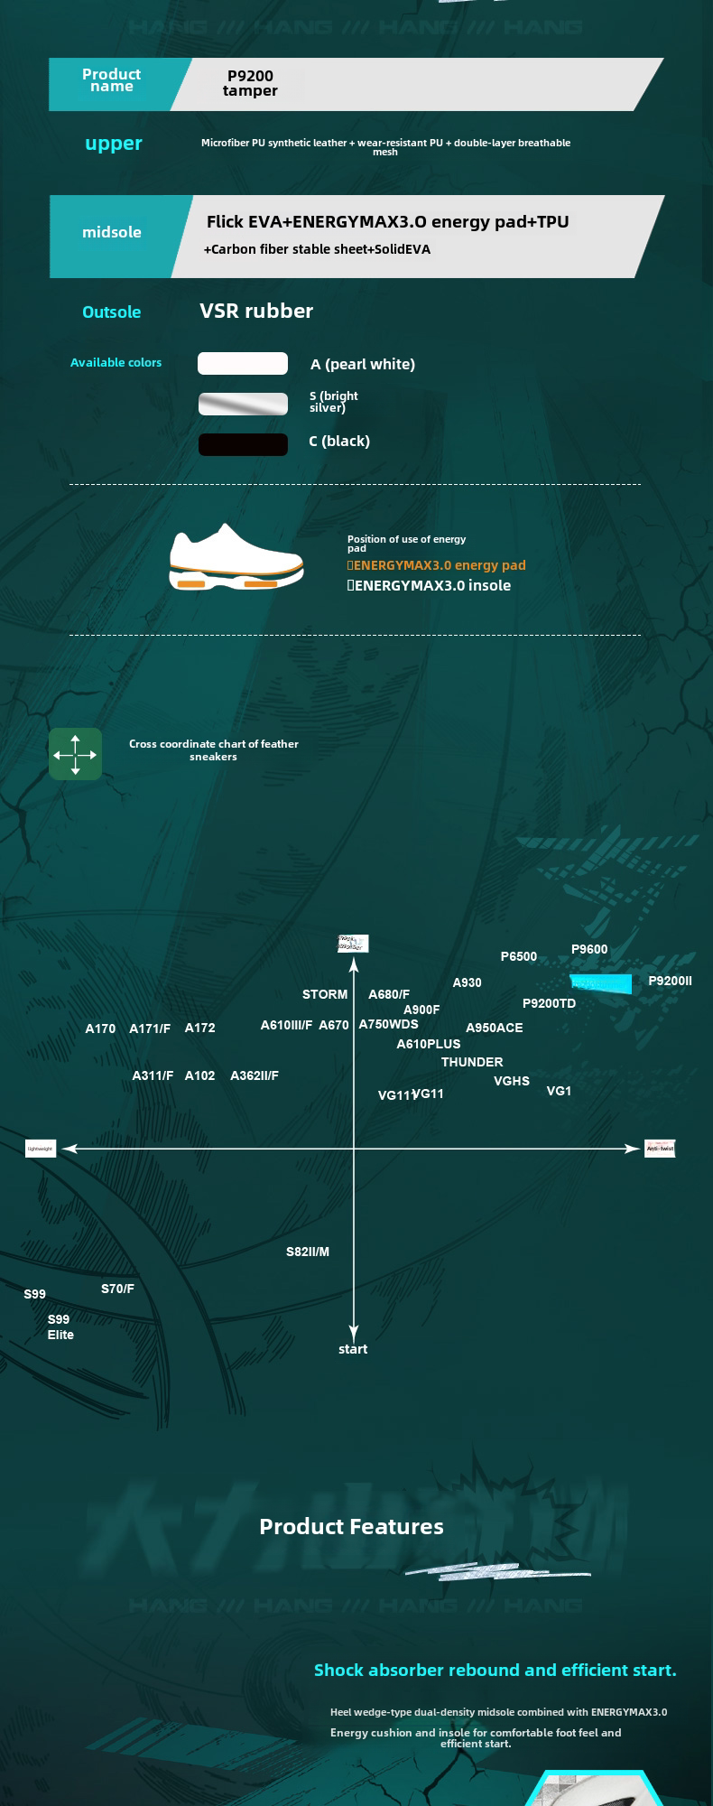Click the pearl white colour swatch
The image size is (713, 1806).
pyautogui.click(x=243, y=363)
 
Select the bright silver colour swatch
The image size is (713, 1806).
pyautogui.click(x=243, y=404)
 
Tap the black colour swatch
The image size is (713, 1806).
pyautogui.click(x=243, y=444)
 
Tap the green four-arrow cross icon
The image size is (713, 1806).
pyautogui.click(x=75, y=753)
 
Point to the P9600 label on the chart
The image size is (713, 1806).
pyautogui.click(x=589, y=949)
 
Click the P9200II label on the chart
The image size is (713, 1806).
pyautogui.click(x=670, y=981)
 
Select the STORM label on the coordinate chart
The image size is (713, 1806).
pyautogui.click(x=325, y=994)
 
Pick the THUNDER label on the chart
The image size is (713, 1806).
pyautogui.click(x=472, y=1062)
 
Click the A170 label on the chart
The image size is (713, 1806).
pyautogui.click(x=100, y=1029)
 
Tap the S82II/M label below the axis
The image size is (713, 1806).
pyautogui.click(x=308, y=1252)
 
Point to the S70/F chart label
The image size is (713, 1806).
pyautogui.click(x=117, y=1289)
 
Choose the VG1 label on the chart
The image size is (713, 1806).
pyautogui.click(x=559, y=1091)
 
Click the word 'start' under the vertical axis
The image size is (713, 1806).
pyautogui.click(x=353, y=1349)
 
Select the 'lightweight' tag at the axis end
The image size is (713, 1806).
pyautogui.click(x=41, y=1149)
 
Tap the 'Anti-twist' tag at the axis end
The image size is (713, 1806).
pyautogui.click(x=660, y=1149)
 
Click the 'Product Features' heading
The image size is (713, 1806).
pyautogui.click(x=351, y=1526)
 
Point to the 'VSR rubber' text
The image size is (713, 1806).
pyautogui.click(x=256, y=311)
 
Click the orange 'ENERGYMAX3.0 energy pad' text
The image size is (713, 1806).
pyautogui.click(x=439, y=565)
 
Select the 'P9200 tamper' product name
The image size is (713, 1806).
pyautogui.click(x=250, y=83)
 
